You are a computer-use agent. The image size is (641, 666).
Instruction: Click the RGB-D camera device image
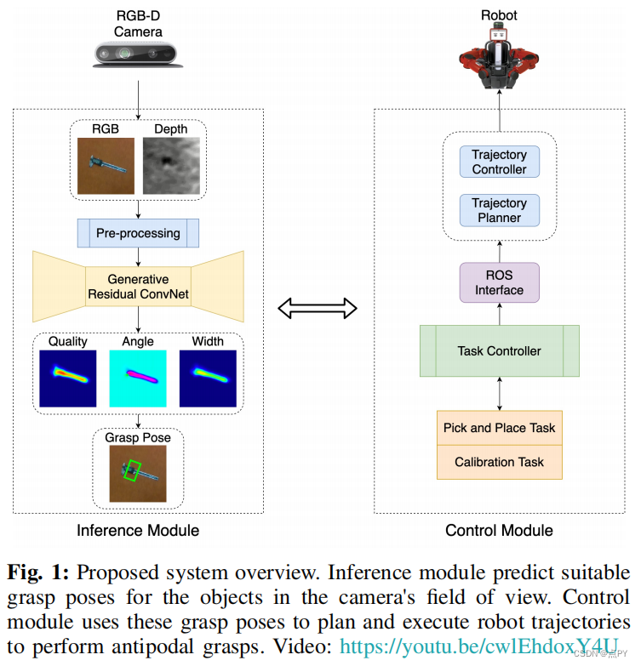point(138,54)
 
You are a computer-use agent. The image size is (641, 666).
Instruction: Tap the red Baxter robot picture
point(499,58)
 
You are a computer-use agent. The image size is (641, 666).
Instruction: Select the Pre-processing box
point(138,233)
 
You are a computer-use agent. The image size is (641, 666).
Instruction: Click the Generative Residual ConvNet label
point(138,287)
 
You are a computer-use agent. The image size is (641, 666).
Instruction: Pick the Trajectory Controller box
point(500,162)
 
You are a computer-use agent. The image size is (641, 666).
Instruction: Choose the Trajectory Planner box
point(500,210)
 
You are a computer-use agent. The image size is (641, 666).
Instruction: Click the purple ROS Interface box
point(500,282)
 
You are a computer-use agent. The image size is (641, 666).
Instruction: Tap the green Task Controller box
point(500,350)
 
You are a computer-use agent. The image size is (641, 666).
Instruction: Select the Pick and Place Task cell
point(500,428)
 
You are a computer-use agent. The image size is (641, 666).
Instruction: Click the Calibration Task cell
point(500,462)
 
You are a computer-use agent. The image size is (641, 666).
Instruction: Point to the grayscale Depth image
point(171,166)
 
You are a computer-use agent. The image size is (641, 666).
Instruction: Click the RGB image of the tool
point(106,166)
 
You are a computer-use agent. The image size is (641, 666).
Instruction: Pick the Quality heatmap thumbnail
point(68,379)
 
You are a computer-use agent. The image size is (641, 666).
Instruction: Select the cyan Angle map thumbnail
point(138,379)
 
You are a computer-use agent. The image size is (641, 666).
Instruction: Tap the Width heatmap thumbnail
point(208,379)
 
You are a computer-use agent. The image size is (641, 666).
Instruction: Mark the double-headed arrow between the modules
point(318,308)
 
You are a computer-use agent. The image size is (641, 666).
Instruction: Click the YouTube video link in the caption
point(479,646)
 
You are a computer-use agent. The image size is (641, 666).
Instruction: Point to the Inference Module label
point(138,531)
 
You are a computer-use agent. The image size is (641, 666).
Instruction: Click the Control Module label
point(499,531)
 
